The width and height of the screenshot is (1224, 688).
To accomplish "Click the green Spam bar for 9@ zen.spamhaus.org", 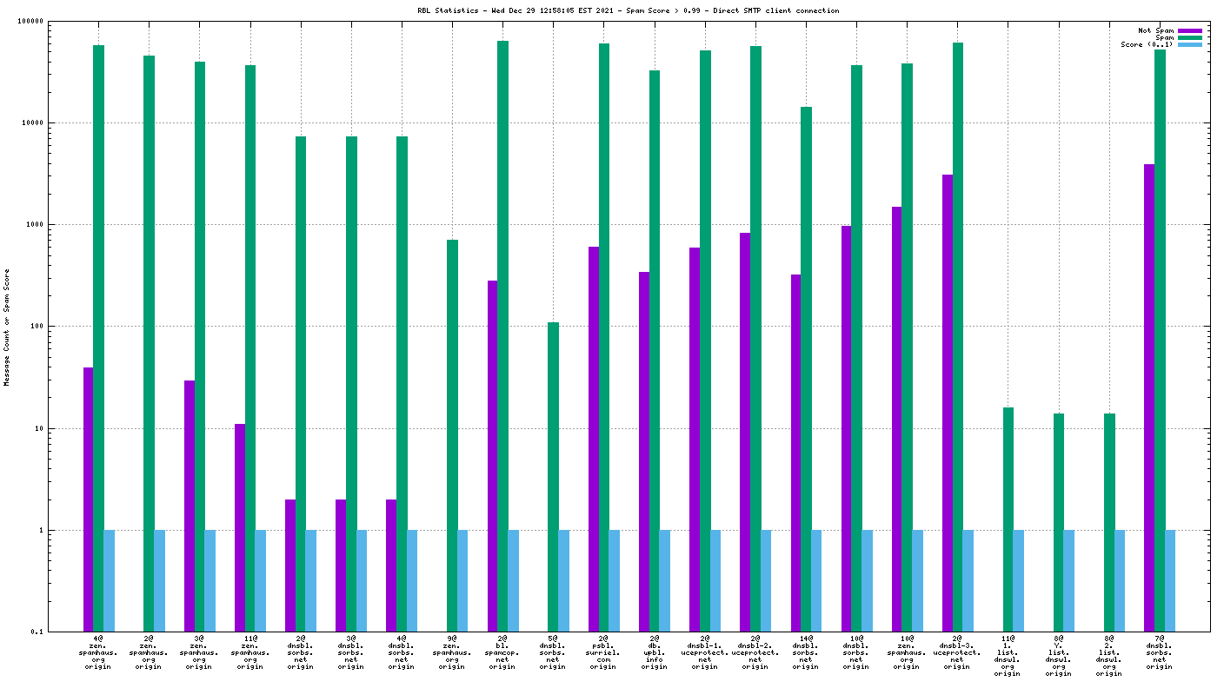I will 452,435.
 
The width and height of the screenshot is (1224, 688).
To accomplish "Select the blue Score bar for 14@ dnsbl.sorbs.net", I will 816,580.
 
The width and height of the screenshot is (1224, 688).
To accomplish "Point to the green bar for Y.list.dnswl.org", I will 1059,522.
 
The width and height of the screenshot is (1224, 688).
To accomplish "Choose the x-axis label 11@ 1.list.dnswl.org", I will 1008,656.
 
